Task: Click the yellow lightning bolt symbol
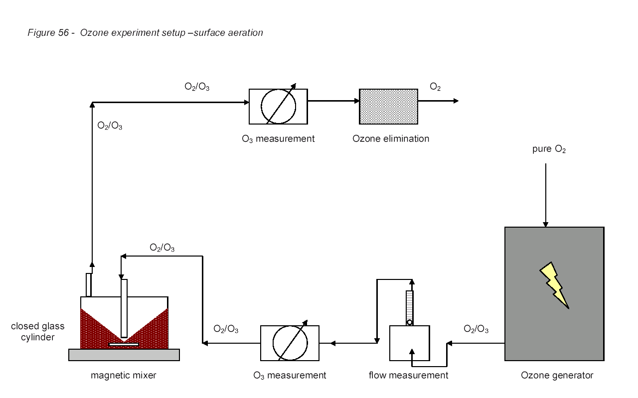pyautogui.click(x=554, y=285)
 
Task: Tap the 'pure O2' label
pyautogui.click(x=549, y=149)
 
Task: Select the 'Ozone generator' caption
pyautogui.click(x=557, y=375)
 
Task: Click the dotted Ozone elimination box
pyautogui.click(x=388, y=107)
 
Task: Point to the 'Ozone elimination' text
pyautogui.click(x=391, y=138)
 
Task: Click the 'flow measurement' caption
pyautogui.click(x=408, y=375)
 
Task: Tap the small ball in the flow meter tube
pyautogui.click(x=410, y=323)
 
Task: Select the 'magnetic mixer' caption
pyautogui.click(x=124, y=376)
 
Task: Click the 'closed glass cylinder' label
pyautogui.click(x=37, y=332)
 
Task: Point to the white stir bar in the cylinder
pyautogui.click(x=124, y=345)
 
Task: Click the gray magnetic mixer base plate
pyautogui.click(x=124, y=355)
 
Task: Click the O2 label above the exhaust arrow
pyautogui.click(x=435, y=87)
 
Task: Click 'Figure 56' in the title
pyautogui.click(x=48, y=33)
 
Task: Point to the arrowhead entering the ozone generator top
pyautogui.click(x=545, y=224)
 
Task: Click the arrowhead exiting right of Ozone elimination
pyautogui.click(x=456, y=101)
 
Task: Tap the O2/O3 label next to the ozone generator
pyautogui.click(x=476, y=329)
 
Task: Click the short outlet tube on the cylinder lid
pyautogui.click(x=89, y=285)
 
